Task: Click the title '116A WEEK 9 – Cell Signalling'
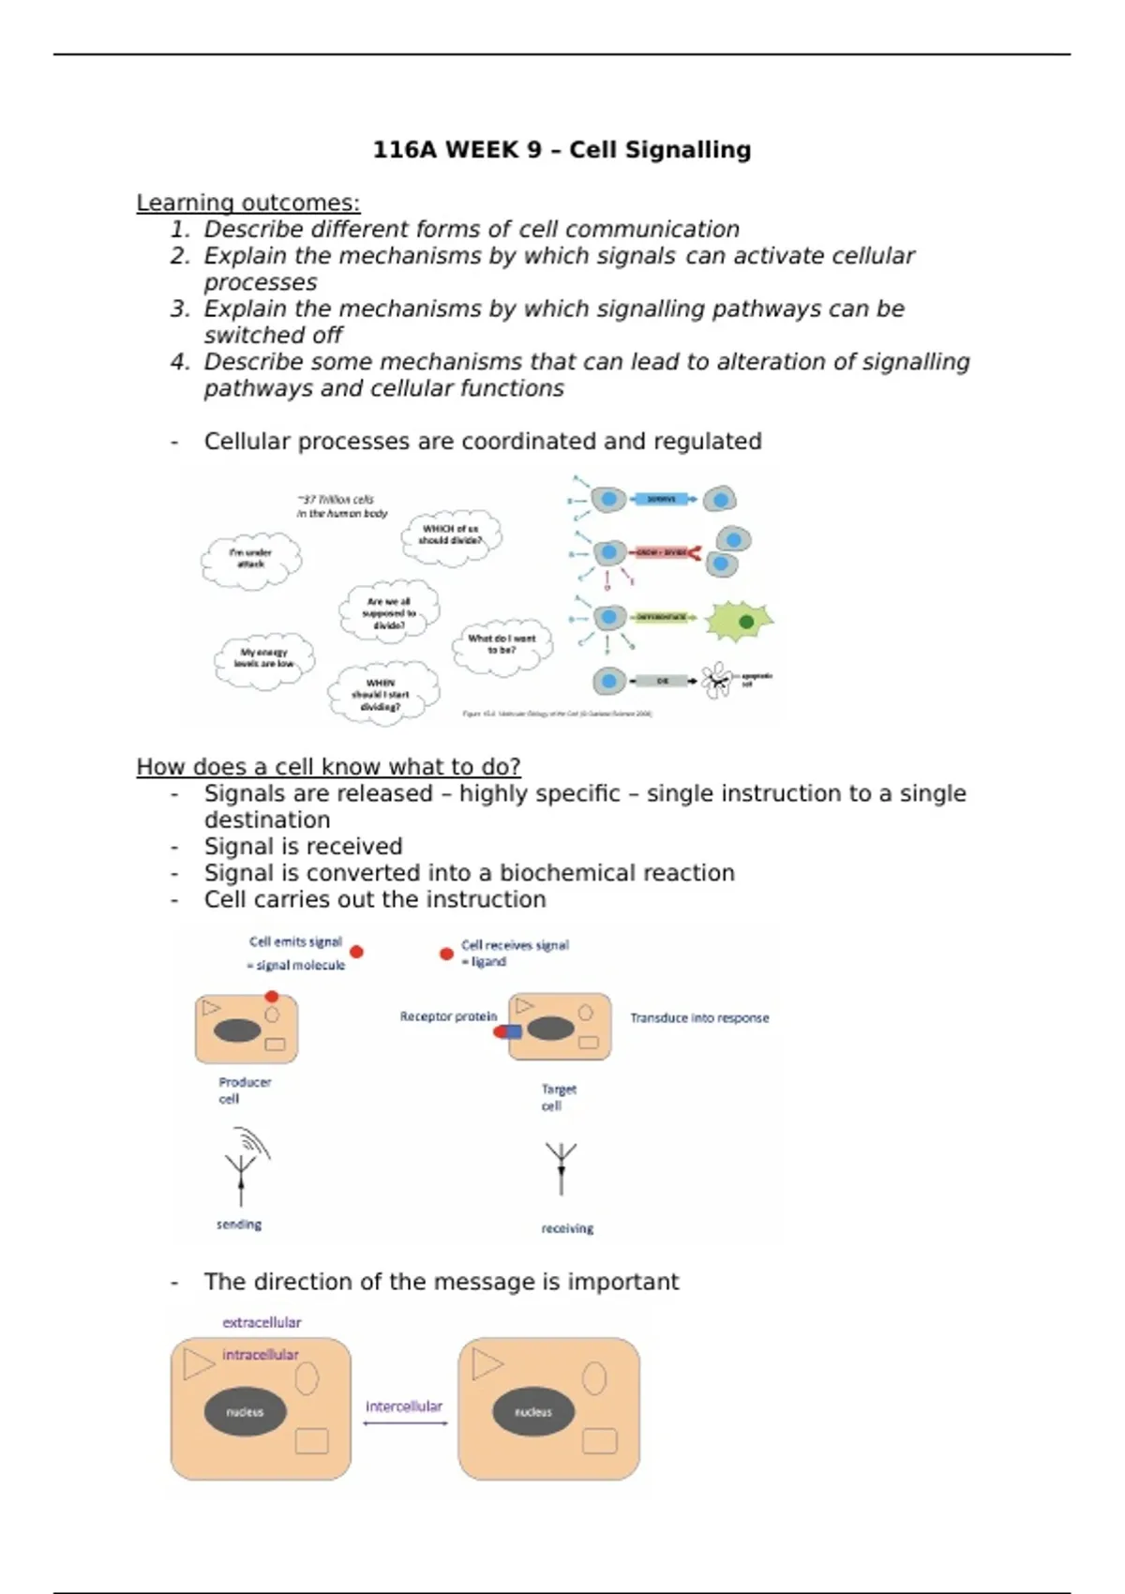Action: (x=562, y=150)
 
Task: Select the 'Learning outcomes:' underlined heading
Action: (x=247, y=203)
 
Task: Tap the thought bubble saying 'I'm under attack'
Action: (x=251, y=559)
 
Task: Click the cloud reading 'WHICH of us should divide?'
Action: (x=451, y=535)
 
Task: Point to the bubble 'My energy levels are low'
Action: (x=264, y=658)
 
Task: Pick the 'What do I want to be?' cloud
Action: (x=502, y=644)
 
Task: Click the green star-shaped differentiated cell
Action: (x=740, y=621)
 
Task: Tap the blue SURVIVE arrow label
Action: (x=662, y=500)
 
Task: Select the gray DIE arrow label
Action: (x=663, y=681)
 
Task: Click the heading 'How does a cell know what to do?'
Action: (x=328, y=767)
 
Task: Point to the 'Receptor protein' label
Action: (x=448, y=1016)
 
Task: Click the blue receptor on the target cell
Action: (x=511, y=1031)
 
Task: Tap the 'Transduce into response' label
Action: (x=699, y=1018)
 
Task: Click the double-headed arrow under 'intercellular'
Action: (x=405, y=1423)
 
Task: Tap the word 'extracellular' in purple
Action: (x=262, y=1322)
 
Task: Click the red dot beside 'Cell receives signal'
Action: (x=446, y=954)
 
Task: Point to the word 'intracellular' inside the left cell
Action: (x=260, y=1355)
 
